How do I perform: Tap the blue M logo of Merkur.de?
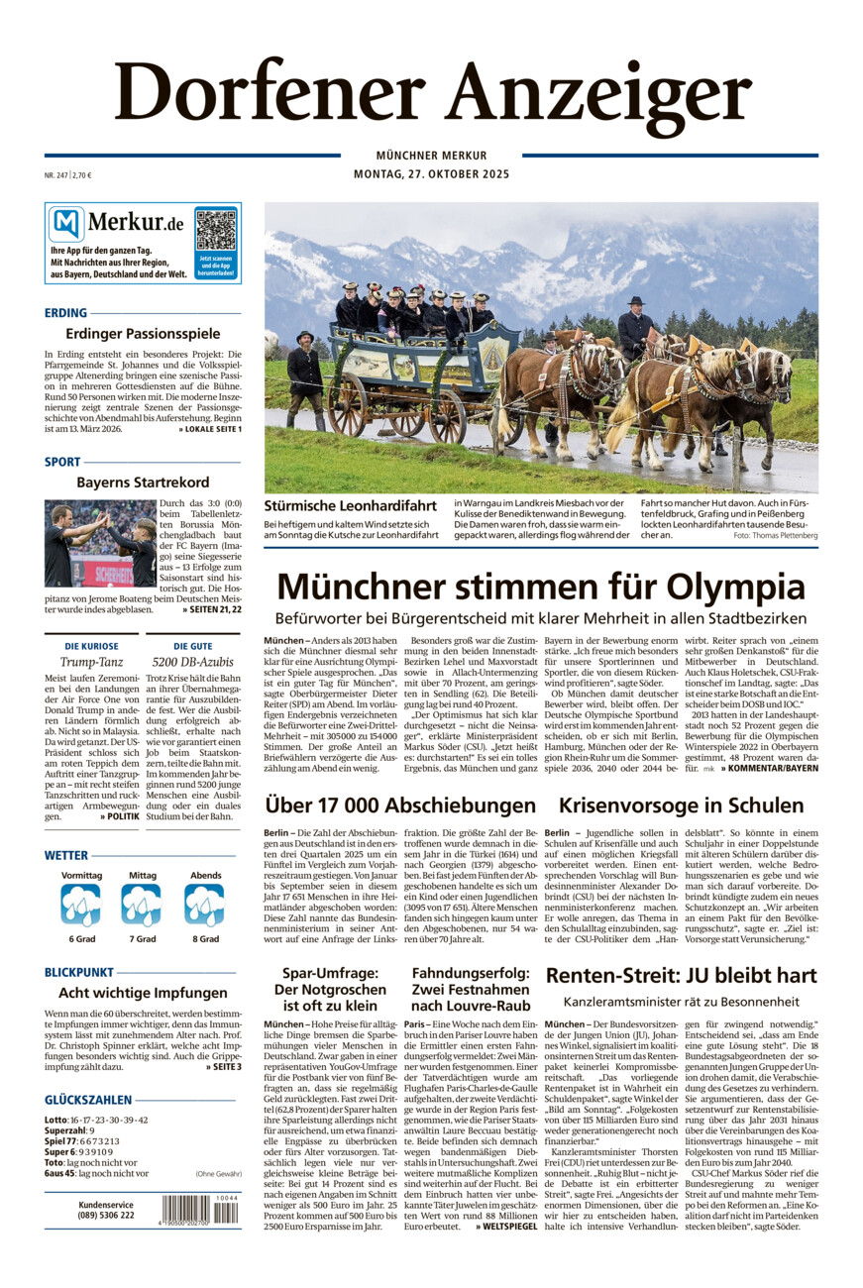tap(66, 225)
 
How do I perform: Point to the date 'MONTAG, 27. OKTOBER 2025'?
tap(431, 174)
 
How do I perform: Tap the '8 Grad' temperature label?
tap(205, 938)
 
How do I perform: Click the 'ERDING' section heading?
tap(66, 312)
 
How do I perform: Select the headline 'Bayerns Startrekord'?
tap(143, 483)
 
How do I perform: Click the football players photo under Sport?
tap(100, 543)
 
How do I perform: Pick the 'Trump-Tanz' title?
tap(90, 661)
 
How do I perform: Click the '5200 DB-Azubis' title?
tap(194, 661)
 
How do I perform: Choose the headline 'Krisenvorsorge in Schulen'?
tap(681, 805)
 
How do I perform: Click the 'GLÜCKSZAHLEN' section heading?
tap(88, 1100)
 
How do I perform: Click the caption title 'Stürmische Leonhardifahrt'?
tap(350, 505)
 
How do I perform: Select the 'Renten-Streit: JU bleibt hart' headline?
tap(681, 976)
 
